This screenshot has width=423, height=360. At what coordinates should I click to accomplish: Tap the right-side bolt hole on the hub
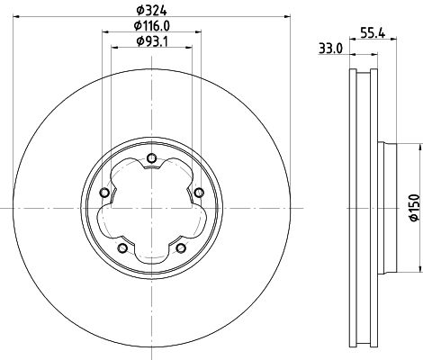click(197, 193)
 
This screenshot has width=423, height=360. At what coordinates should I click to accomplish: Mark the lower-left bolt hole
click(122, 247)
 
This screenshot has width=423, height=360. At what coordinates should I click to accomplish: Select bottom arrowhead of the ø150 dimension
click(417, 270)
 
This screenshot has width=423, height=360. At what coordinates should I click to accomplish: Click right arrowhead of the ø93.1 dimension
click(190, 48)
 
